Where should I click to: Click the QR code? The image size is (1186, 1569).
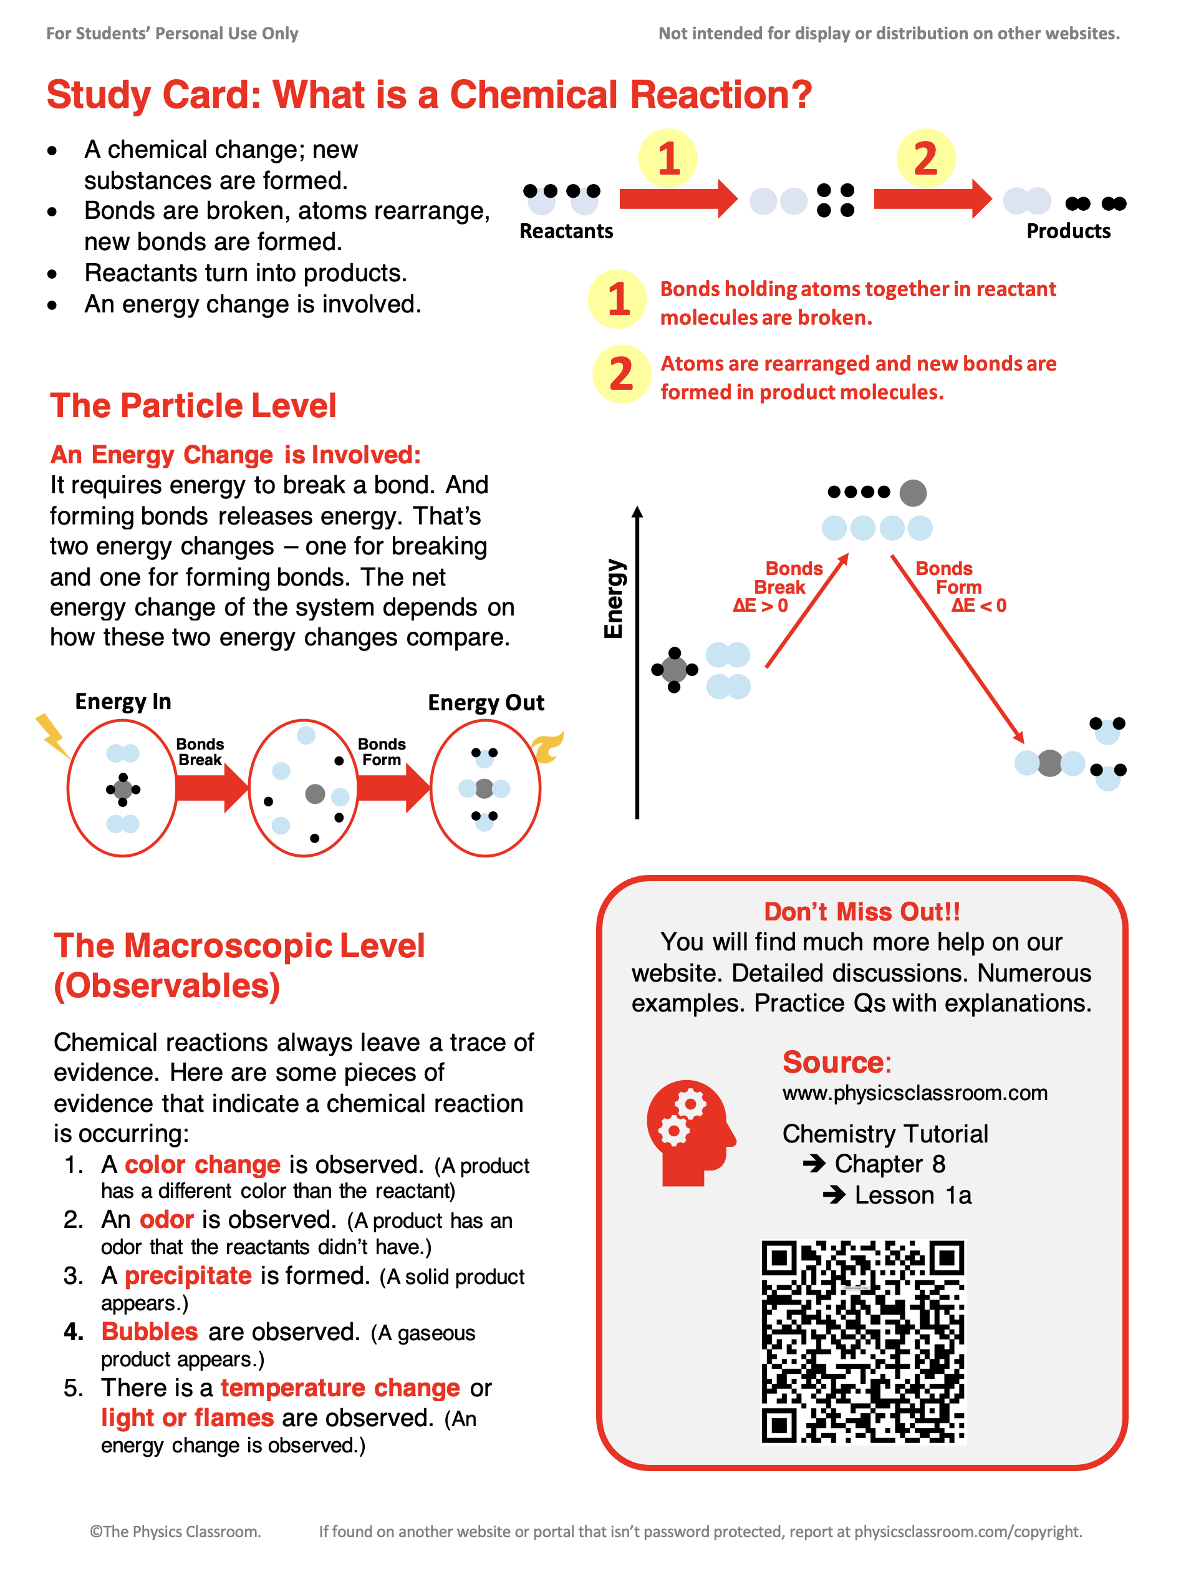click(862, 1341)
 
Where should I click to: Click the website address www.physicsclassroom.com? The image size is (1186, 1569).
click(915, 1093)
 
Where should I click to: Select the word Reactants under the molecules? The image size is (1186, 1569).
click(566, 231)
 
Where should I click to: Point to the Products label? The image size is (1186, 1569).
click(1068, 231)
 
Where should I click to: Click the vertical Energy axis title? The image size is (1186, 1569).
click(614, 599)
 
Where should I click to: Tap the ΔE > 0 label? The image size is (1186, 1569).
click(760, 606)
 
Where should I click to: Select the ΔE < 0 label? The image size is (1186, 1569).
click(979, 606)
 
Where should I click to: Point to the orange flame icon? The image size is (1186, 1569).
click(547, 748)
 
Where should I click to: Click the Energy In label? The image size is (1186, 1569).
click(123, 702)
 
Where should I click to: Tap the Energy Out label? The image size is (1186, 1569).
click(486, 702)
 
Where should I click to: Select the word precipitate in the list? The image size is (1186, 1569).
click(188, 1275)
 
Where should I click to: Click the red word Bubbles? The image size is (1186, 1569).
click(150, 1331)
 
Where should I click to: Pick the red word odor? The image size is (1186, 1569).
click(166, 1219)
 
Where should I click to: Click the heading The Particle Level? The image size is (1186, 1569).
click(193, 406)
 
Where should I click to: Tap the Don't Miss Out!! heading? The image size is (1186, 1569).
click(862, 912)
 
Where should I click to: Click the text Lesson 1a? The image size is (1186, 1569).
click(913, 1195)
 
